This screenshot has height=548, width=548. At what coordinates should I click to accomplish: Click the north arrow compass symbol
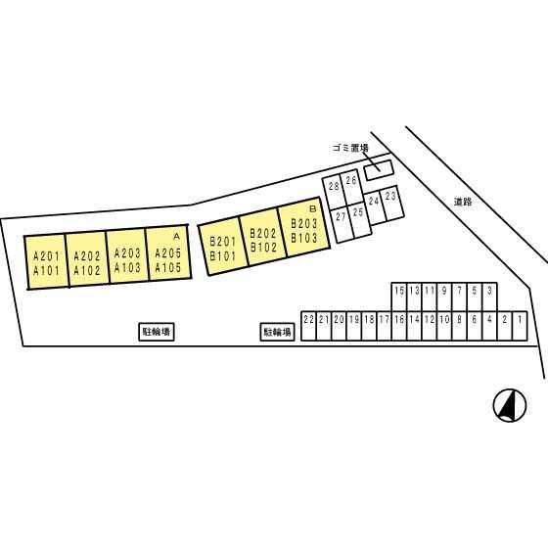tap(510, 405)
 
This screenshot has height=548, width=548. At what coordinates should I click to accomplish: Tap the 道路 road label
tap(463, 202)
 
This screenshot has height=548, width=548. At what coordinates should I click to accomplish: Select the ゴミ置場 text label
tap(350, 148)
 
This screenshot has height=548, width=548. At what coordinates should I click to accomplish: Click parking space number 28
tap(334, 192)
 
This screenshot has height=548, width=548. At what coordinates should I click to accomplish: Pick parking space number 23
tap(392, 204)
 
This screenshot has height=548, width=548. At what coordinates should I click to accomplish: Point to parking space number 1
tap(520, 326)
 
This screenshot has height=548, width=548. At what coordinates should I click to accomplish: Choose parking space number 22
tap(308, 326)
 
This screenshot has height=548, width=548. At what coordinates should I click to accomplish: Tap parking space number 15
tap(399, 297)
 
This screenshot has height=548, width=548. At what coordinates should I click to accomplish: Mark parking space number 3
tap(489, 297)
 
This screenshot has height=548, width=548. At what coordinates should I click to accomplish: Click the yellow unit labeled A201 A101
tap(47, 262)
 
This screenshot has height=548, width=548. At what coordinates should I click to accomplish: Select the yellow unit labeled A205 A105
tap(168, 252)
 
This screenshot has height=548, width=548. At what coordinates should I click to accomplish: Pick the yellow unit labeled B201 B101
tap(223, 246)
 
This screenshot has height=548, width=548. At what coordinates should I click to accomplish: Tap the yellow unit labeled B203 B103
tap(304, 227)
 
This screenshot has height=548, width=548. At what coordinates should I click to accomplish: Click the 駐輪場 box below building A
tap(157, 332)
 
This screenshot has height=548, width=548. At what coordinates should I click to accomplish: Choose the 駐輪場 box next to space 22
tap(278, 332)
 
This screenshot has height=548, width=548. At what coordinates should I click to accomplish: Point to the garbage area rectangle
tap(379, 170)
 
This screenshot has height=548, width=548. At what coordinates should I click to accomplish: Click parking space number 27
tap(342, 224)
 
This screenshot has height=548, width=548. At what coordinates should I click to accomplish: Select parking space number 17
tap(384, 326)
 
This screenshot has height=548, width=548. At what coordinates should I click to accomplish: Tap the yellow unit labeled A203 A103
tap(128, 255)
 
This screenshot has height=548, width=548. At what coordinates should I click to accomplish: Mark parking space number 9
tap(444, 297)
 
